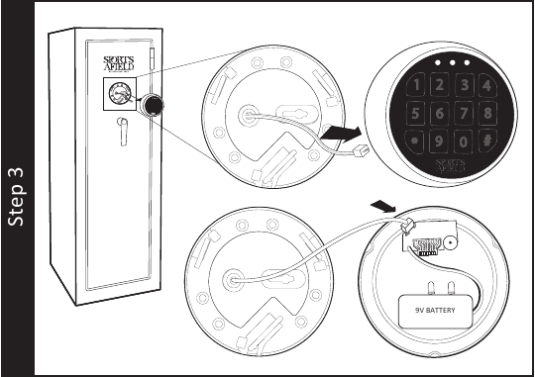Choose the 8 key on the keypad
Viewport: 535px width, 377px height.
(485, 114)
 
